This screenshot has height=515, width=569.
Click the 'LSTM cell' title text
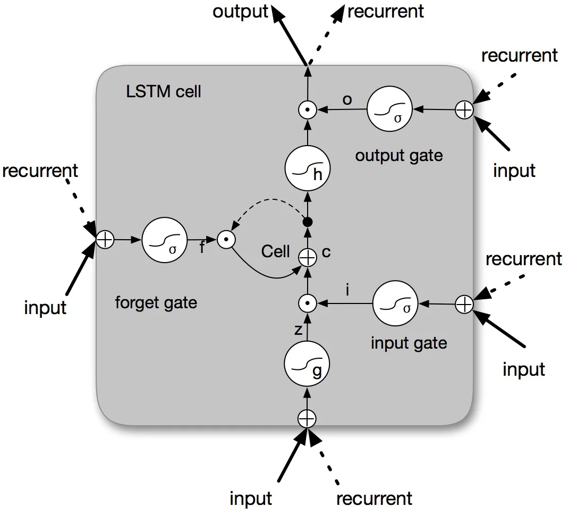point(164,91)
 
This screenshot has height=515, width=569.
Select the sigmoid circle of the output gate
point(389,110)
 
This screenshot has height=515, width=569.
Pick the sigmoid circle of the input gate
point(395,304)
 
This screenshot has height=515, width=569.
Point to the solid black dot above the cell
point(307,222)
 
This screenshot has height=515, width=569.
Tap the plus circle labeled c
point(307,258)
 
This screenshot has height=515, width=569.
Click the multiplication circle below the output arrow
point(307,110)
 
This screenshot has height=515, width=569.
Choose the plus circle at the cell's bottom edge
point(306,419)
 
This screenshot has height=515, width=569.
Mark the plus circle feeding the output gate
point(464,110)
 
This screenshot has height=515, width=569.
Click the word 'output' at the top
point(240,12)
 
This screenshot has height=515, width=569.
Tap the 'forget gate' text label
point(156,303)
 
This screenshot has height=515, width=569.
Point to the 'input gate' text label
point(409,343)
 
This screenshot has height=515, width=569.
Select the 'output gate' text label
point(398,156)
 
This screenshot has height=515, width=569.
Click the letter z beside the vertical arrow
point(298,330)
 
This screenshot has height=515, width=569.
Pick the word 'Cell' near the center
point(275,251)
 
